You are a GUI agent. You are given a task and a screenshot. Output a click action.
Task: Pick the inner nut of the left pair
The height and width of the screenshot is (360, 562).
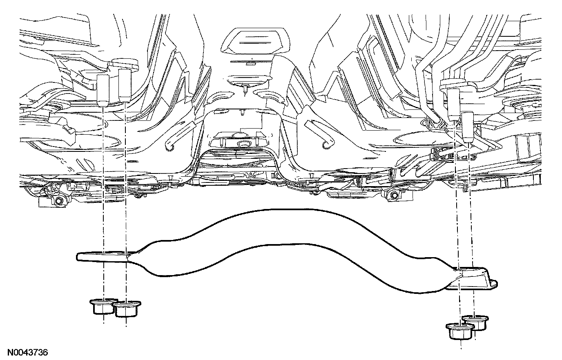[x=126, y=309]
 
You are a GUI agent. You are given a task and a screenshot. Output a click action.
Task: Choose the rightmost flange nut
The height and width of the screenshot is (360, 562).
[x=475, y=322]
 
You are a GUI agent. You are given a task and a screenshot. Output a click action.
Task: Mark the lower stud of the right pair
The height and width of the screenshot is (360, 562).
[x=468, y=127]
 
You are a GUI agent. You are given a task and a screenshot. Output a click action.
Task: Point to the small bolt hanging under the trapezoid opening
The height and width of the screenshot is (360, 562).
[x=245, y=88]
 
